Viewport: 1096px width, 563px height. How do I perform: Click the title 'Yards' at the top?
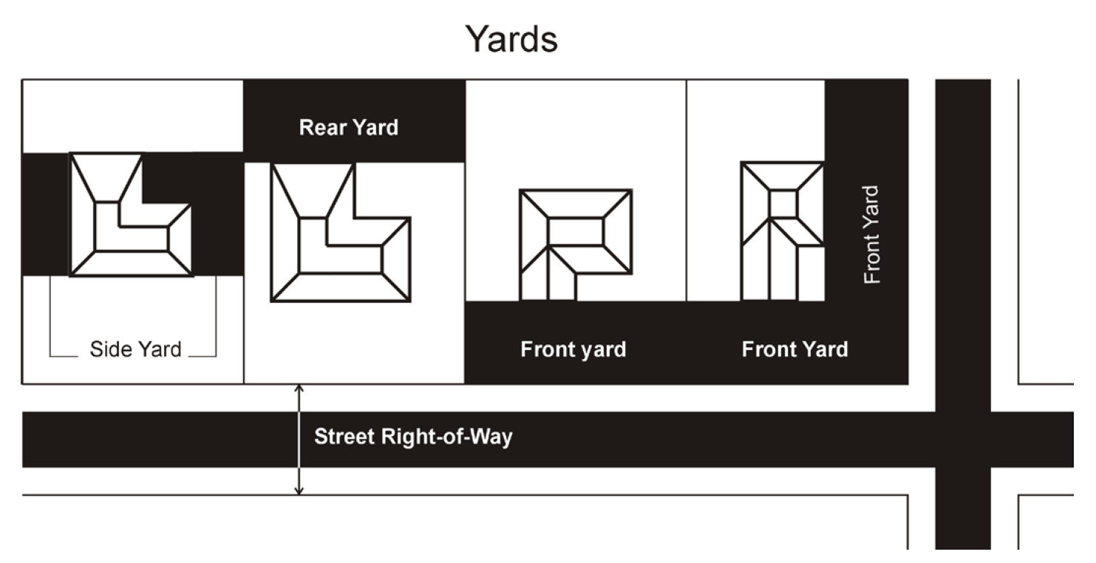pyautogui.click(x=511, y=39)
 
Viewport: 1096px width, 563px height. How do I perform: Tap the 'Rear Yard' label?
pyautogui.click(x=349, y=128)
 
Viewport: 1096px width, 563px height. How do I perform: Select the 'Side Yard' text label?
pyautogui.click(x=135, y=349)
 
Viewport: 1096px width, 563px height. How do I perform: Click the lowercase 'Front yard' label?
pyautogui.click(x=573, y=349)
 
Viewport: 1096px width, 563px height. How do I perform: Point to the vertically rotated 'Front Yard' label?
pyautogui.click(x=871, y=234)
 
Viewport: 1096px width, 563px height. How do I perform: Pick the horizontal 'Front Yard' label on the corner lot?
pyautogui.click(x=794, y=349)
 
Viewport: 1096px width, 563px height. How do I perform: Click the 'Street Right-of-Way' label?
pyautogui.click(x=413, y=437)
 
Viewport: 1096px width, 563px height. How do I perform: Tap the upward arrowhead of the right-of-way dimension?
pyautogui.click(x=299, y=389)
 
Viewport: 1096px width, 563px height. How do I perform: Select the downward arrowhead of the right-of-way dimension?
pyautogui.click(x=299, y=490)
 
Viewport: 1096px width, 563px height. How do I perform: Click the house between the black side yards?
pyautogui.click(x=131, y=215)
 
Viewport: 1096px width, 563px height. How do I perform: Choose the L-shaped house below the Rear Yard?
pyautogui.click(x=341, y=232)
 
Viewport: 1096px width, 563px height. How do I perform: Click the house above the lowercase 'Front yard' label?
pyautogui.click(x=576, y=245)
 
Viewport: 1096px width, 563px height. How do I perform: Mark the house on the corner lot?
pyautogui.click(x=783, y=231)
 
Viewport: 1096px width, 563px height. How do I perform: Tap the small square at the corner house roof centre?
pyautogui.click(x=783, y=203)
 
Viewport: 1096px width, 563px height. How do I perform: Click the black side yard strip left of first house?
pyautogui.click(x=46, y=214)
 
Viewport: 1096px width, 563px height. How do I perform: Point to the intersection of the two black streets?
pyautogui.click(x=963, y=440)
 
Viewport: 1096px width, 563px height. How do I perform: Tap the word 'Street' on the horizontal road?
pyautogui.click(x=344, y=437)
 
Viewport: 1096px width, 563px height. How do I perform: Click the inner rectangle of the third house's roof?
pyautogui.click(x=576, y=231)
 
